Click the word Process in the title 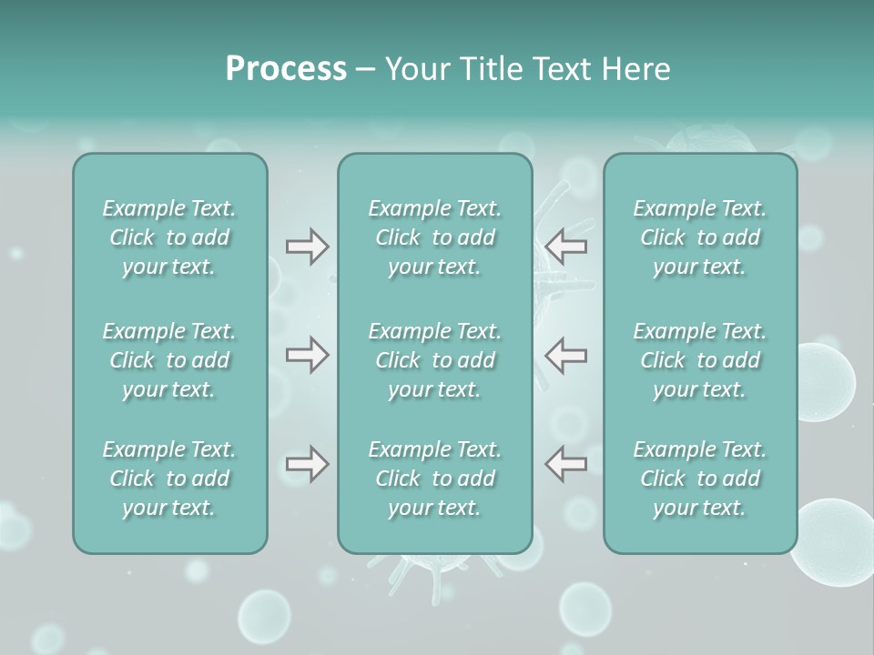coord(286,69)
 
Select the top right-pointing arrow coord(307,247)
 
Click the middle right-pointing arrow coord(307,355)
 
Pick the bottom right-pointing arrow coord(307,464)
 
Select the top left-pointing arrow coord(566,246)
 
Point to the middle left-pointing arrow coord(566,355)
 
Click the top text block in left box coord(169,238)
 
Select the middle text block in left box coord(169,360)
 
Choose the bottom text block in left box coord(169,479)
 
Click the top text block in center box coord(435,238)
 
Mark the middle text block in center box coord(435,360)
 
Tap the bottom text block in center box coord(435,479)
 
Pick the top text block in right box coord(700,238)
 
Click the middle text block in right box coord(700,360)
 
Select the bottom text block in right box coord(700,479)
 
